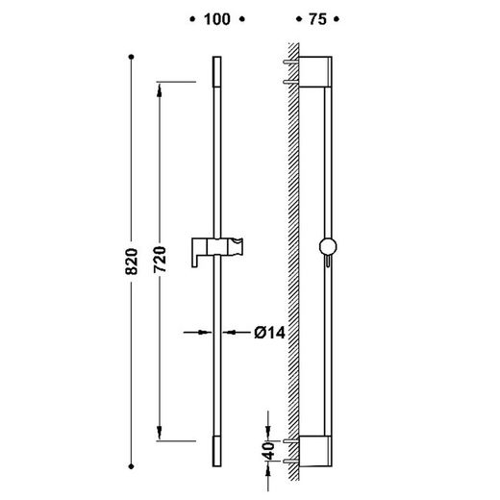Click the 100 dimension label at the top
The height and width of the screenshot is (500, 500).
coord(217,19)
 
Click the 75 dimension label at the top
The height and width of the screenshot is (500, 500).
coord(317,19)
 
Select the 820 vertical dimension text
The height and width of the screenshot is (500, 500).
coord(132,262)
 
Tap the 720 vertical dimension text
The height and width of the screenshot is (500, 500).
coord(160,260)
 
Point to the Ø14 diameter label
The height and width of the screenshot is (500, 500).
coord(269,333)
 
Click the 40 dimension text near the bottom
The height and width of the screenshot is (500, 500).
coord(269,451)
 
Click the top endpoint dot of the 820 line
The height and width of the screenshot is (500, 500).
coord(131,57)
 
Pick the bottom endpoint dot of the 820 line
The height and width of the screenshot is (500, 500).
coord(131,466)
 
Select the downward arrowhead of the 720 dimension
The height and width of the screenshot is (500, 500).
coord(160,433)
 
